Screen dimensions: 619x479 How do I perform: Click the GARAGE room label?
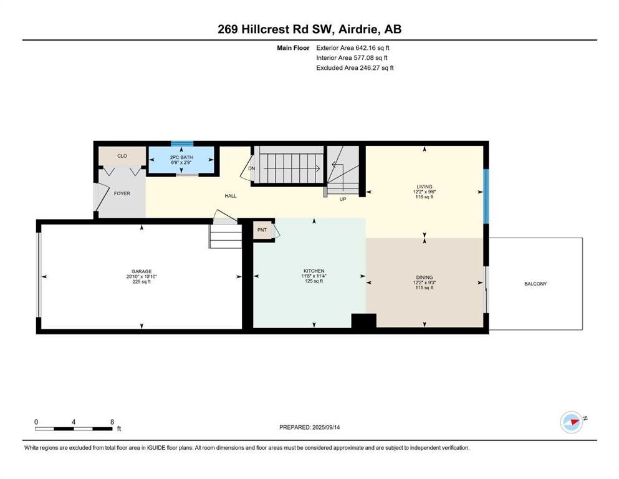[142, 271]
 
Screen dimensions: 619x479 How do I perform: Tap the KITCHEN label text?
[314, 271]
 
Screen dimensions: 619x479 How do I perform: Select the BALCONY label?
[535, 284]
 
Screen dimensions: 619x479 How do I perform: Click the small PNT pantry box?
[262, 230]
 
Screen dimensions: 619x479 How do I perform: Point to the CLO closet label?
[122, 156]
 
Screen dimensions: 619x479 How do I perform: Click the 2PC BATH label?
[181, 157]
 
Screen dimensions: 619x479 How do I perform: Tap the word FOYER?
[122, 193]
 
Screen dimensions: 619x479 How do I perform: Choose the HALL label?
[231, 196]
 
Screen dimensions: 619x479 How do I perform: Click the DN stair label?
[251, 168]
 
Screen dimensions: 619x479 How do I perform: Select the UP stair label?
[343, 199]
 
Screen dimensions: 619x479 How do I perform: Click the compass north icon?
[572, 422]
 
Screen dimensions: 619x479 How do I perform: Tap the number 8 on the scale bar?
[112, 422]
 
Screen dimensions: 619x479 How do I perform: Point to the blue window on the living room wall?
[486, 196]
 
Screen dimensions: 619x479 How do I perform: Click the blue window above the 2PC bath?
[182, 143]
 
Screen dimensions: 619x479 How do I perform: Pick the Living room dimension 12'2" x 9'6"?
[425, 192]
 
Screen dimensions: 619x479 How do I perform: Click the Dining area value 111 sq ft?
[425, 288]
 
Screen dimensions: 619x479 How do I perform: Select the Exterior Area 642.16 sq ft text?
[353, 48]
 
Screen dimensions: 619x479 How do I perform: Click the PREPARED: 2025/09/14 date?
[309, 427]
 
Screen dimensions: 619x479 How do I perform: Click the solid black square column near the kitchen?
[363, 321]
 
